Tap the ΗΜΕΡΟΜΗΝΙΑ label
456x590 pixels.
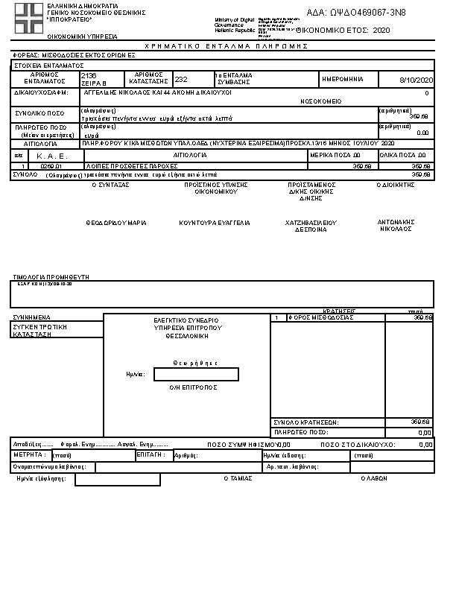coord(342,78)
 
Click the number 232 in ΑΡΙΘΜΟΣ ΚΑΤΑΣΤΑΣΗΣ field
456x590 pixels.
coord(181,78)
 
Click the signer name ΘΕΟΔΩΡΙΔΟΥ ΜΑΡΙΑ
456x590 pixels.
coord(115,223)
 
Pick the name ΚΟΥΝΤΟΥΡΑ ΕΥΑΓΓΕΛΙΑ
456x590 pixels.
coord(215,223)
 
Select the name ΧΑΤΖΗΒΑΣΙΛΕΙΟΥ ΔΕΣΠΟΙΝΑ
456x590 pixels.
coord(311,226)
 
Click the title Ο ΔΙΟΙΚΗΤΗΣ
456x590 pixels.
coord(395,184)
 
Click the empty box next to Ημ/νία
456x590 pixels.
coord(196,374)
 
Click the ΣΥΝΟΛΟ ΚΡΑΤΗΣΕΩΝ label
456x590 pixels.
coord(305,422)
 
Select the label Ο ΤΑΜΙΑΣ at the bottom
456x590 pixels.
coord(236,479)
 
